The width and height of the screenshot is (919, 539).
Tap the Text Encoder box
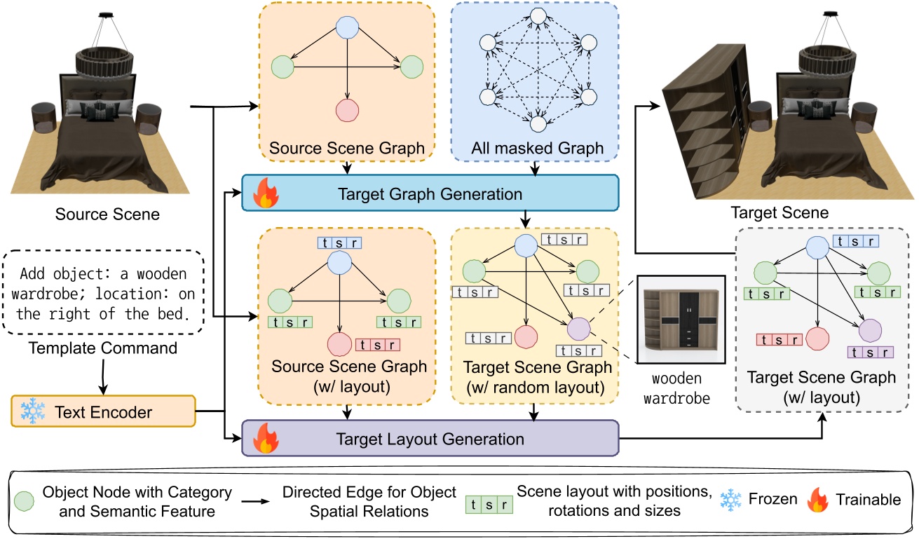click(x=103, y=411)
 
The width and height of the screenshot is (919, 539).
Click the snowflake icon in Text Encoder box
click(x=32, y=412)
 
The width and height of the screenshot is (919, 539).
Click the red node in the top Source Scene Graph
click(x=346, y=109)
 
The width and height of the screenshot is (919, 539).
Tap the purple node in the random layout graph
click(x=579, y=328)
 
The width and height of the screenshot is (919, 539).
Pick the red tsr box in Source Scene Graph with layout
click(x=378, y=344)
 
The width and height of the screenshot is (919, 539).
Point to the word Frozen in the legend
click(x=772, y=499)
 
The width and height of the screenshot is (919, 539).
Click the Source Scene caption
click(x=107, y=214)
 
